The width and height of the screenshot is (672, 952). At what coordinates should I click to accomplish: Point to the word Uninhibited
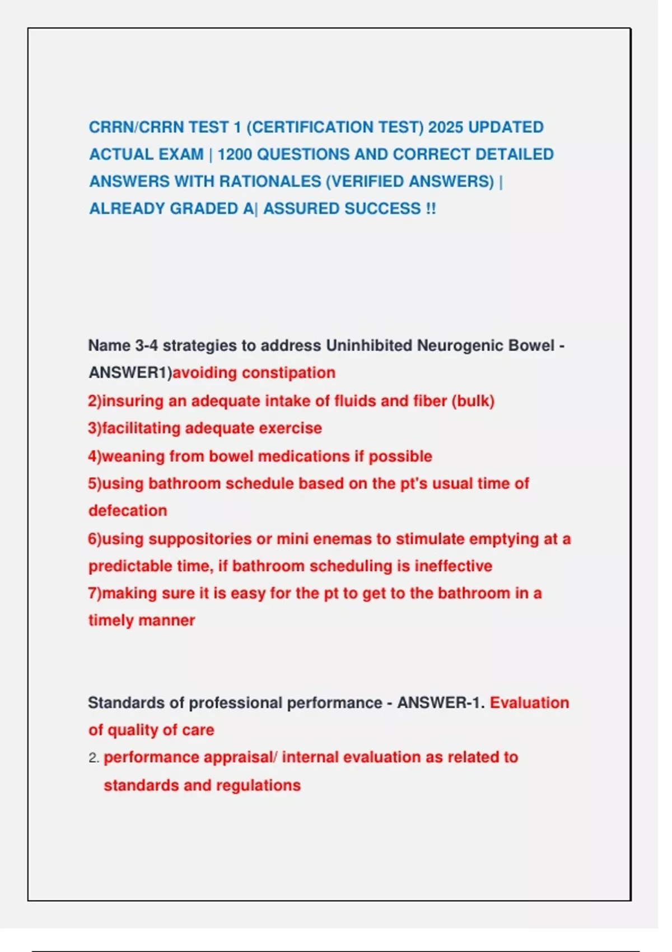click(x=369, y=346)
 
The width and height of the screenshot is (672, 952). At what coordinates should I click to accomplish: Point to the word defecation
click(x=128, y=511)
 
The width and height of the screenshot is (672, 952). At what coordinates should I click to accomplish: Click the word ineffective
click(x=453, y=566)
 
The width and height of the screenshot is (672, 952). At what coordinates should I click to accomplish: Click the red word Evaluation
click(x=529, y=703)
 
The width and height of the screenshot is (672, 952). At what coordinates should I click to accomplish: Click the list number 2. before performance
click(x=94, y=758)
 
